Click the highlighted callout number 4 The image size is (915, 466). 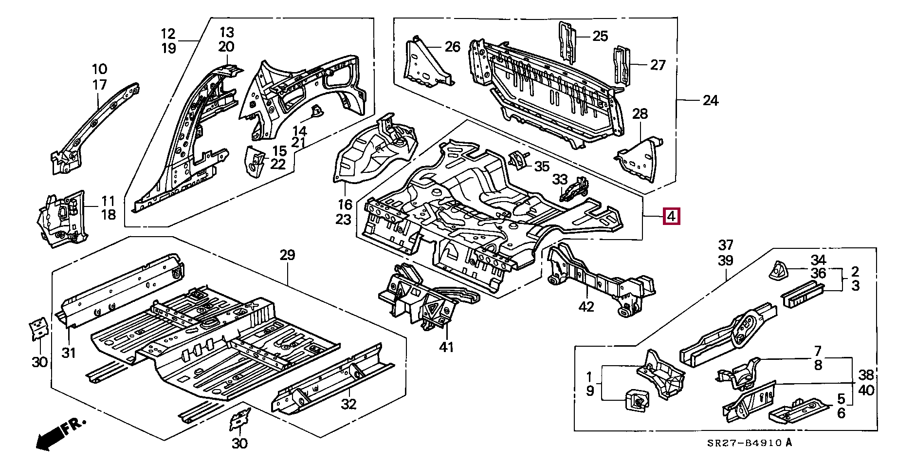pyautogui.click(x=672, y=216)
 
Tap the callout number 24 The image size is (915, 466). pyautogui.click(x=711, y=101)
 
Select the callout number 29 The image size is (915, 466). pyautogui.click(x=287, y=255)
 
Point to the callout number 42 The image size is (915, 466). pyautogui.click(x=587, y=306)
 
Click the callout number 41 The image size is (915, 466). pyautogui.click(x=446, y=347)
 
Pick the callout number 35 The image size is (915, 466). pyautogui.click(x=542, y=167)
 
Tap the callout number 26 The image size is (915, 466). pyautogui.click(x=452, y=47)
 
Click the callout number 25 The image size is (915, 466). pyautogui.click(x=600, y=36)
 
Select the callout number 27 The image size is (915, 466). pyautogui.click(x=658, y=65)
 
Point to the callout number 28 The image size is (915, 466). pyautogui.click(x=640, y=114)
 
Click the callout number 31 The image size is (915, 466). pyautogui.click(x=69, y=352)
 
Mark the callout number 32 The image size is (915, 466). pyautogui.click(x=349, y=404)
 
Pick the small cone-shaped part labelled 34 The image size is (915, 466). pyautogui.click(x=777, y=270)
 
